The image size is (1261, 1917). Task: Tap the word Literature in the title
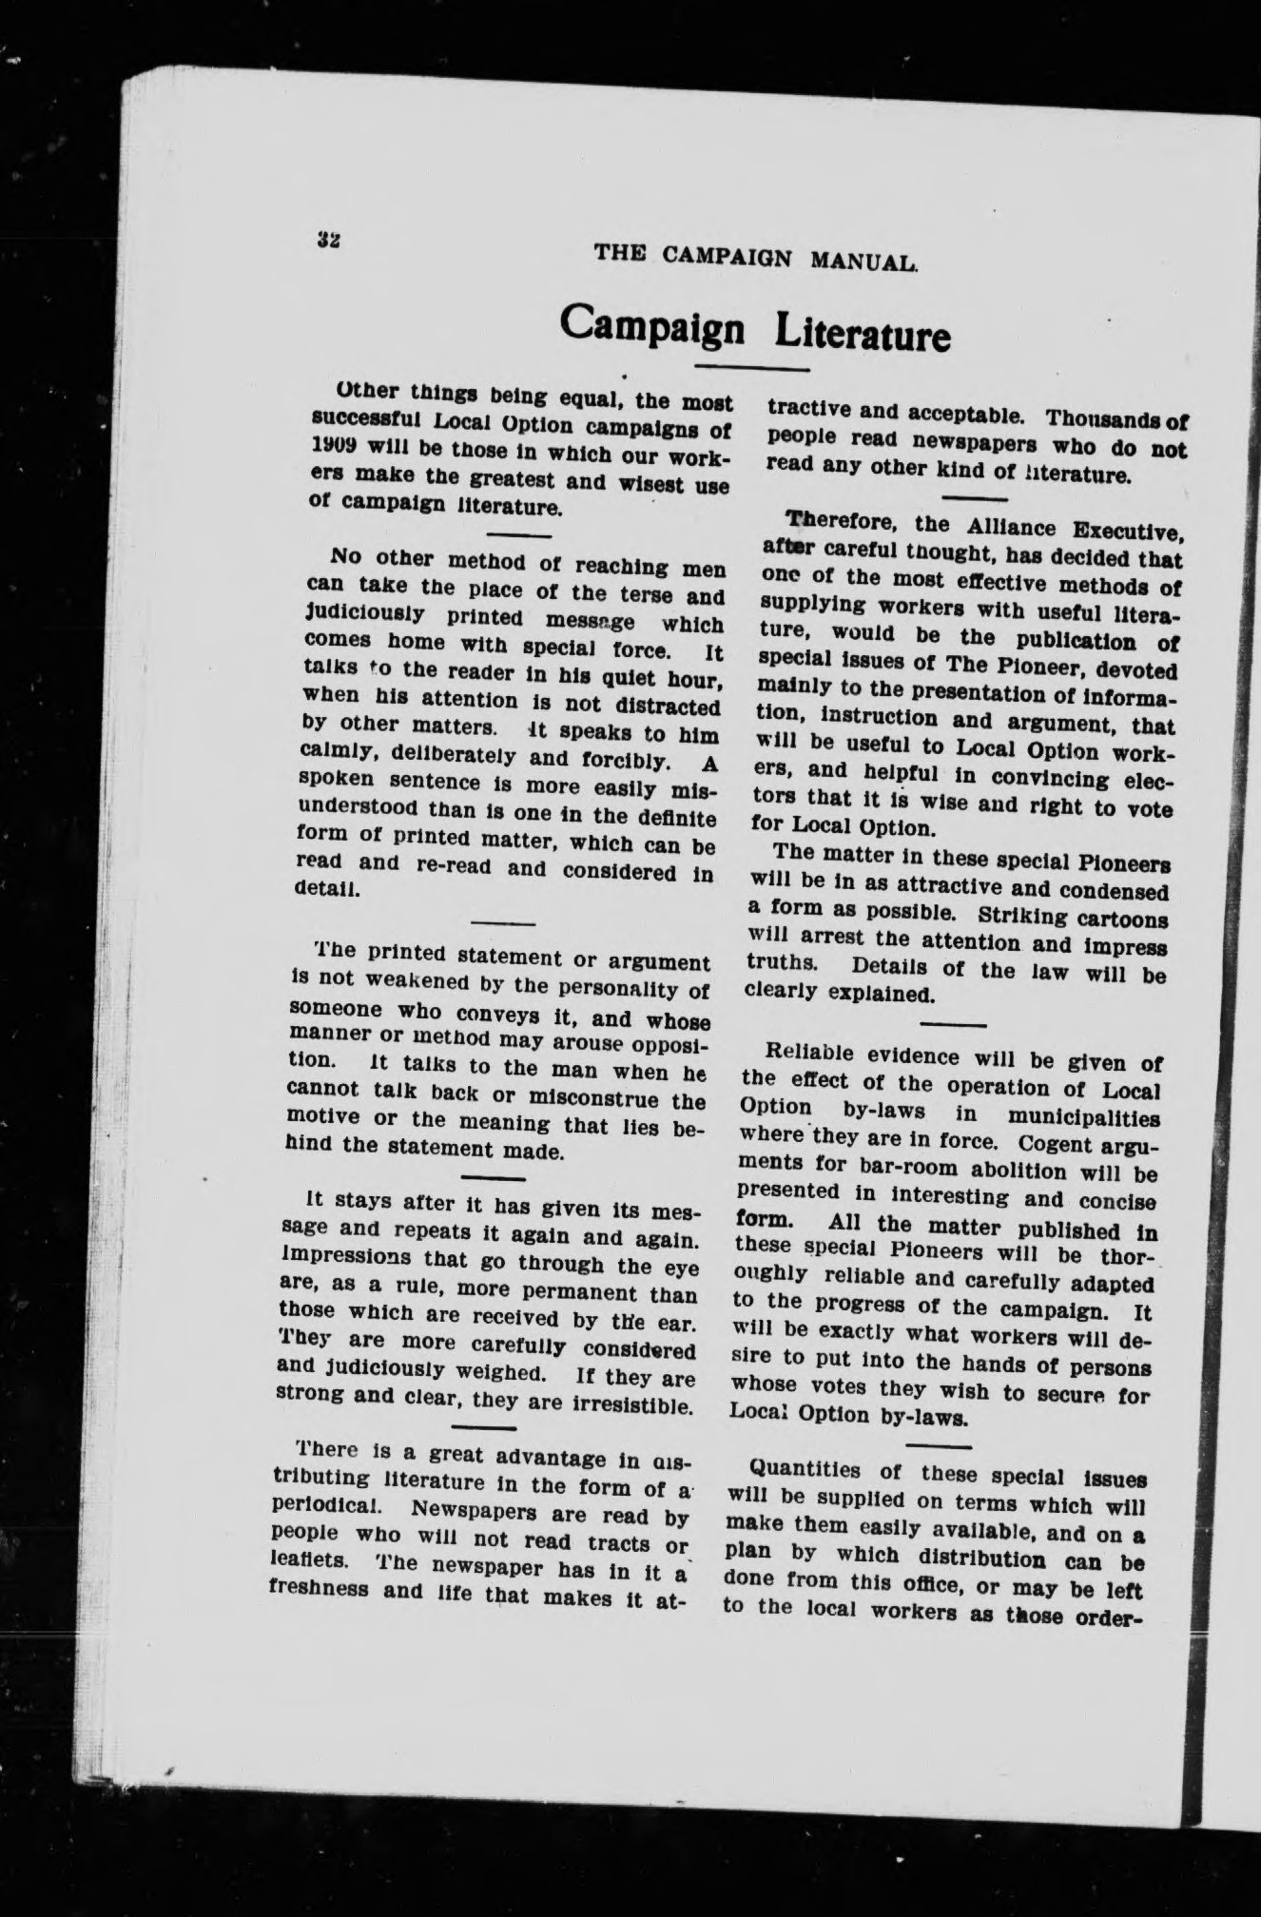coord(863,335)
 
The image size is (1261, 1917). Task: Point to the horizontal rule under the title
coord(752,368)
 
